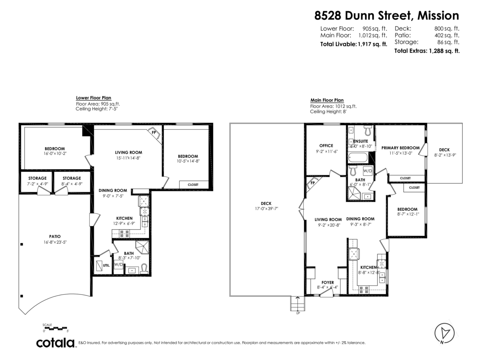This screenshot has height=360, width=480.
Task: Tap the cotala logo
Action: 56,343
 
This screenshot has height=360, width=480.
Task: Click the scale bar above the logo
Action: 56,328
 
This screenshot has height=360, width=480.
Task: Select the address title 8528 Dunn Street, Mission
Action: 386,16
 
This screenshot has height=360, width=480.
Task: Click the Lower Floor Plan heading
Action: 94,98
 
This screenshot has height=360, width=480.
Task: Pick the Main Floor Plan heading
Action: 327,100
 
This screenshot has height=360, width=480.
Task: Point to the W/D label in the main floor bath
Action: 368,171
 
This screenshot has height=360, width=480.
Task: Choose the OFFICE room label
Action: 326,146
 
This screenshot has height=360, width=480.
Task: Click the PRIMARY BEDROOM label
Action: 400,148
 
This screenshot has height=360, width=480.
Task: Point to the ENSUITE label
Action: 360,141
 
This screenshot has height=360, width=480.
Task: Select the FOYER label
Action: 327,282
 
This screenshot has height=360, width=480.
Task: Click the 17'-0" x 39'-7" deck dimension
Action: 266,208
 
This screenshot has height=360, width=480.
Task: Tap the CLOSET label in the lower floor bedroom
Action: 193,184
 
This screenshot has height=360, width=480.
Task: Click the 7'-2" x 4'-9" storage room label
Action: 37,184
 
